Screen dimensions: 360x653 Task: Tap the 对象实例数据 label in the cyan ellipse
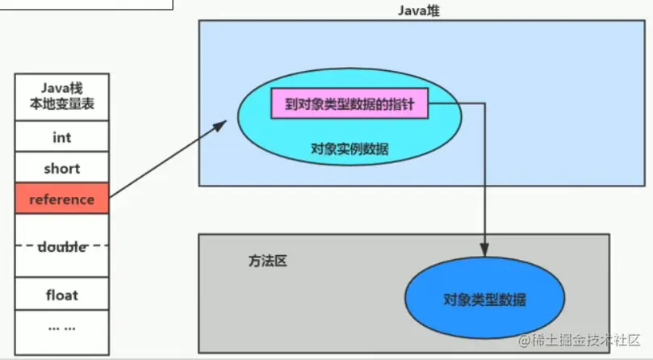349,149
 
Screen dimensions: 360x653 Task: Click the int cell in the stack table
62,137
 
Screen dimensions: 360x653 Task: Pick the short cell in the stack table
62,169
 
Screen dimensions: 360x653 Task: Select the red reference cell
62,199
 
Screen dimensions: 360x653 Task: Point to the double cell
62,246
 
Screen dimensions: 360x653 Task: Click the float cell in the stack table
62,295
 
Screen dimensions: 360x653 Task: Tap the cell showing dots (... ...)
62,327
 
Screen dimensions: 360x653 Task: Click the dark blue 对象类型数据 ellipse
484,299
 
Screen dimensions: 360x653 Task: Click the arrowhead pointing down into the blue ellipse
484,249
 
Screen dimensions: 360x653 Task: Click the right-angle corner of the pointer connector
484,103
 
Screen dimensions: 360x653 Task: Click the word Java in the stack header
52,88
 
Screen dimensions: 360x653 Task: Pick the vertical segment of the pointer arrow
484,178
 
